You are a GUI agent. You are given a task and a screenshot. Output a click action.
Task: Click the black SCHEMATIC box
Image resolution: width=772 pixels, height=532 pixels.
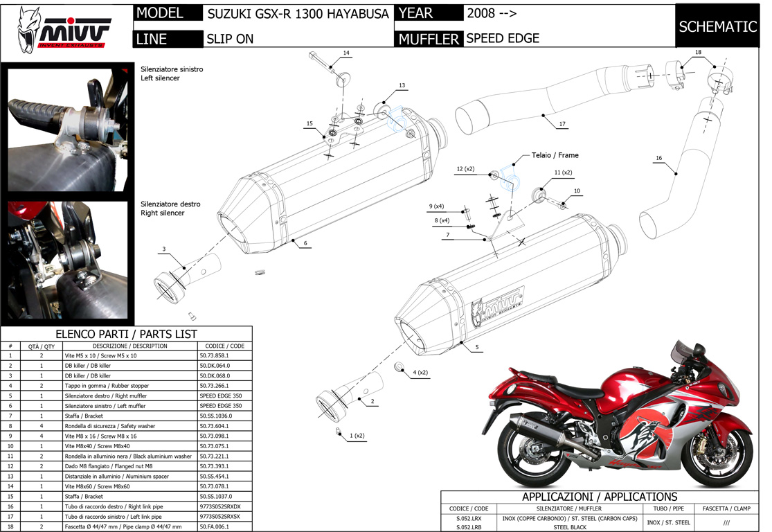point(717,27)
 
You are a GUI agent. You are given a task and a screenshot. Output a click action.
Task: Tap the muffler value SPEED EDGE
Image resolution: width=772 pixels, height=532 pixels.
point(503,39)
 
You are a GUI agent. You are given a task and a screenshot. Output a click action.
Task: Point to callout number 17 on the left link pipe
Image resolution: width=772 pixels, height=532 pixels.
point(562,125)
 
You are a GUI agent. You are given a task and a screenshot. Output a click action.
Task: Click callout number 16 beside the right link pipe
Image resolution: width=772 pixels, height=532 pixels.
point(659,159)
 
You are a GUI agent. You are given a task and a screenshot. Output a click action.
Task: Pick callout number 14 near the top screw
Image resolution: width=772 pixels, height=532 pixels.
point(346,53)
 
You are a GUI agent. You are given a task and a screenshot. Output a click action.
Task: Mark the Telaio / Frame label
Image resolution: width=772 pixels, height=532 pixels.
point(555,155)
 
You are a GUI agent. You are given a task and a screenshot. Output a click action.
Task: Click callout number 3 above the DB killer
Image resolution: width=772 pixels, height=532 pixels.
point(164,249)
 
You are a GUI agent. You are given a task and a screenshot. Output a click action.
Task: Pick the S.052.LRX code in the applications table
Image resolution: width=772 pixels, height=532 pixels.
point(469,518)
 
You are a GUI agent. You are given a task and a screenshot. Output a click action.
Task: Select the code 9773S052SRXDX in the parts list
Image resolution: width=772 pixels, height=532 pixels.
point(221,507)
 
